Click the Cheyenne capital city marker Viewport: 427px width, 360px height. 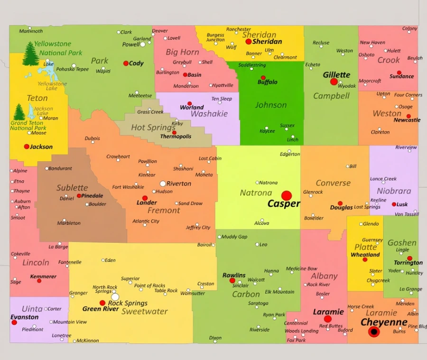click(x=374, y=332)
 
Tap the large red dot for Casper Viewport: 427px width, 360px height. click(x=287, y=195)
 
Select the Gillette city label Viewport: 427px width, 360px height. click(x=336, y=74)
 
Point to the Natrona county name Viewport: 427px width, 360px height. click(x=256, y=193)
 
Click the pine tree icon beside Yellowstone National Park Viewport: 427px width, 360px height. click(x=31, y=54)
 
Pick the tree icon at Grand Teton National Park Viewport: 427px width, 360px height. click(x=19, y=112)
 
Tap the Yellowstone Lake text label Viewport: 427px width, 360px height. click(x=52, y=86)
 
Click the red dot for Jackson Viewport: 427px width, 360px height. click(x=27, y=147)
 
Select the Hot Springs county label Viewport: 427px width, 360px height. click(x=153, y=127)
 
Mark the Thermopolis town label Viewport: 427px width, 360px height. click(x=176, y=137)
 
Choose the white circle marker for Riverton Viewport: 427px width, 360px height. click(x=163, y=183)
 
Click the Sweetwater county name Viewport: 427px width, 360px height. click(x=144, y=312)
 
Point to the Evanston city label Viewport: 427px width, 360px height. click(x=25, y=317)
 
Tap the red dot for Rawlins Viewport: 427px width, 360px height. click(x=232, y=280)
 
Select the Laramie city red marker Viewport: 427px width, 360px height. click(x=327, y=319)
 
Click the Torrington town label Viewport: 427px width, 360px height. click(x=408, y=263)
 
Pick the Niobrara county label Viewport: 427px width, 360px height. click(x=394, y=191)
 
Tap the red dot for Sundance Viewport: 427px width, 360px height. click(x=399, y=73)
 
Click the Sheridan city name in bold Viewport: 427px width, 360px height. click(x=267, y=41)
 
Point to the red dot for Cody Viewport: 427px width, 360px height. click(x=126, y=63)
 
